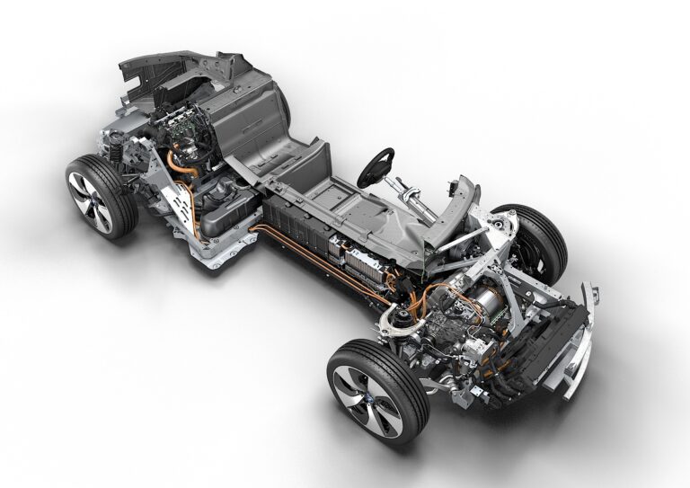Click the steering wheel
(x=376, y=167)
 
